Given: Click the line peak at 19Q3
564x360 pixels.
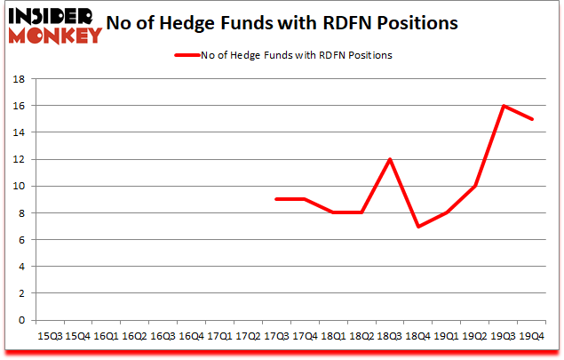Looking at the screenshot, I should (503, 106).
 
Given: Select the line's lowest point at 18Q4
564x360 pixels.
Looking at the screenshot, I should (417, 226).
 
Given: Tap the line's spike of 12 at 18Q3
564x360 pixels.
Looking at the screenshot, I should (389, 159).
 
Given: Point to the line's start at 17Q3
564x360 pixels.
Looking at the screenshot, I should (276, 199).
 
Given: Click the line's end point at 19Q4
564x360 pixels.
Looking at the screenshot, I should (531, 119).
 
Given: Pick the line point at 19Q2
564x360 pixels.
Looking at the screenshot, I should (474, 186).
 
